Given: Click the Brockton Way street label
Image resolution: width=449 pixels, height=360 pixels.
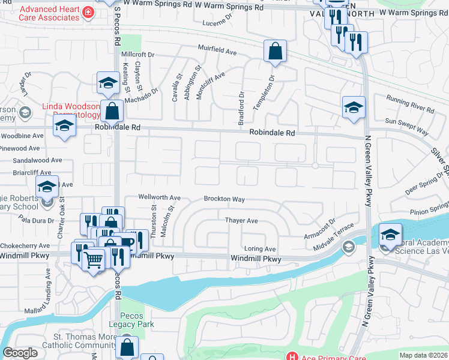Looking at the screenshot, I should point(224,199).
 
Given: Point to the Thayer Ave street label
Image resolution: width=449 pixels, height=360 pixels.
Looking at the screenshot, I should point(241,221).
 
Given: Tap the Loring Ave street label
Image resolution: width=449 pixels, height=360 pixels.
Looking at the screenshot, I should point(260,248).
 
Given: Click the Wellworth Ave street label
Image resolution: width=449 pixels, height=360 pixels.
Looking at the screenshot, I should point(159,197).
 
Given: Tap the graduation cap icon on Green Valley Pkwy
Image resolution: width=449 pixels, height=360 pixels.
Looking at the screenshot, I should point(354,107).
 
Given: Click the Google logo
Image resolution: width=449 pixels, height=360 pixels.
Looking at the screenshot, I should point(20,352).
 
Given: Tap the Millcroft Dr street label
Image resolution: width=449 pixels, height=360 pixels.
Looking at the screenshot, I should point(137,55).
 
